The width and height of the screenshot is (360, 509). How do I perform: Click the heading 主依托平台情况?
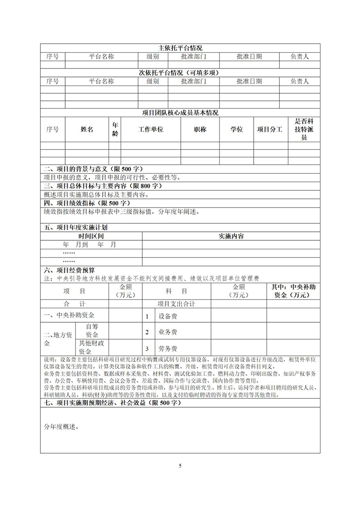[x=180, y=48]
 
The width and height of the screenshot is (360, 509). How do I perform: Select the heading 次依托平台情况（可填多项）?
[x=180, y=72]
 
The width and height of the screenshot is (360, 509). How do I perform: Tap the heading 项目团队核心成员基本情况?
[x=180, y=113]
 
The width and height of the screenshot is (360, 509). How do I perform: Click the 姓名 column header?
[x=87, y=129]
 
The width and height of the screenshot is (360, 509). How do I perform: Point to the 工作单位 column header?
[x=150, y=129]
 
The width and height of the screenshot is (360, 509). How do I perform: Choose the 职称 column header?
[x=200, y=129]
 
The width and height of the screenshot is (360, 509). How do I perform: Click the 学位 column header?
[x=237, y=129]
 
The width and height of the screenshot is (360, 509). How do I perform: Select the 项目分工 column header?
[x=270, y=129]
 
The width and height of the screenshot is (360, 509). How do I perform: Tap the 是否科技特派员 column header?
[x=304, y=129]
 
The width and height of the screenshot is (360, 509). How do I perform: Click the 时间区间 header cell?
[x=91, y=236]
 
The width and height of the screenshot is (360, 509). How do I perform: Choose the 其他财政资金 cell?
[x=92, y=348]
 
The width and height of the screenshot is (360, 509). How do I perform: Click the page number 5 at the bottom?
[x=180, y=465]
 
